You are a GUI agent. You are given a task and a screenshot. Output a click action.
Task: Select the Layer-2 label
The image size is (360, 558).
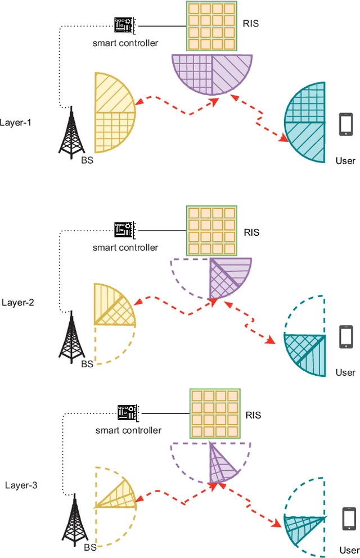(x=18, y=302)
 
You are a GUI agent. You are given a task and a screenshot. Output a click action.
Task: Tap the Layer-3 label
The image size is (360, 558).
(x=21, y=484)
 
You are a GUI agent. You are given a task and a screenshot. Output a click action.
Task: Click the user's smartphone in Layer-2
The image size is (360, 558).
(x=346, y=338)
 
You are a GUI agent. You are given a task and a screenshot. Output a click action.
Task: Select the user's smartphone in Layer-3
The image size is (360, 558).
(x=349, y=519)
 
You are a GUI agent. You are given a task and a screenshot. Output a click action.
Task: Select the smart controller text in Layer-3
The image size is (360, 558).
(x=128, y=430)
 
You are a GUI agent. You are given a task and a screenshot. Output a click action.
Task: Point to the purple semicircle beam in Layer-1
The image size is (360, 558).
(x=212, y=72)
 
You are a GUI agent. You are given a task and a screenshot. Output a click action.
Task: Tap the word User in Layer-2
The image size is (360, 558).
(x=345, y=372)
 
